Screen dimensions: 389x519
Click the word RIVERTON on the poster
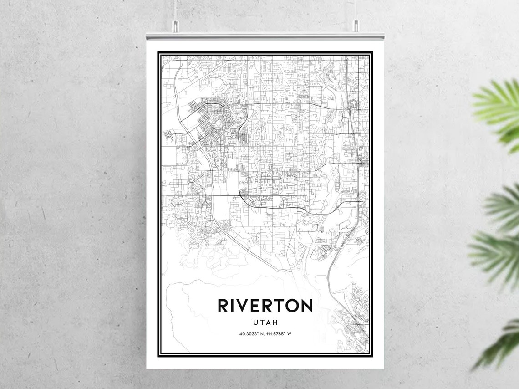[x=265, y=306]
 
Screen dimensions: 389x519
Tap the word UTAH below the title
[x=265, y=322]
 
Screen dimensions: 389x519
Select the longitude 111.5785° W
[x=278, y=334]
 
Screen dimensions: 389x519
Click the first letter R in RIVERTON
[x=223, y=306]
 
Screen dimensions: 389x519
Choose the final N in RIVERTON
[x=306, y=306]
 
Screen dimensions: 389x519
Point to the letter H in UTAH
[x=275, y=322]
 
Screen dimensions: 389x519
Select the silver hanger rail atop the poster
[x=265, y=36]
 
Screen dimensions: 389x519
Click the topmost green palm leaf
[x=499, y=105]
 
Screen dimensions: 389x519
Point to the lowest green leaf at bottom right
[x=501, y=346]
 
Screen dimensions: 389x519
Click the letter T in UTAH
[x=261, y=322]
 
